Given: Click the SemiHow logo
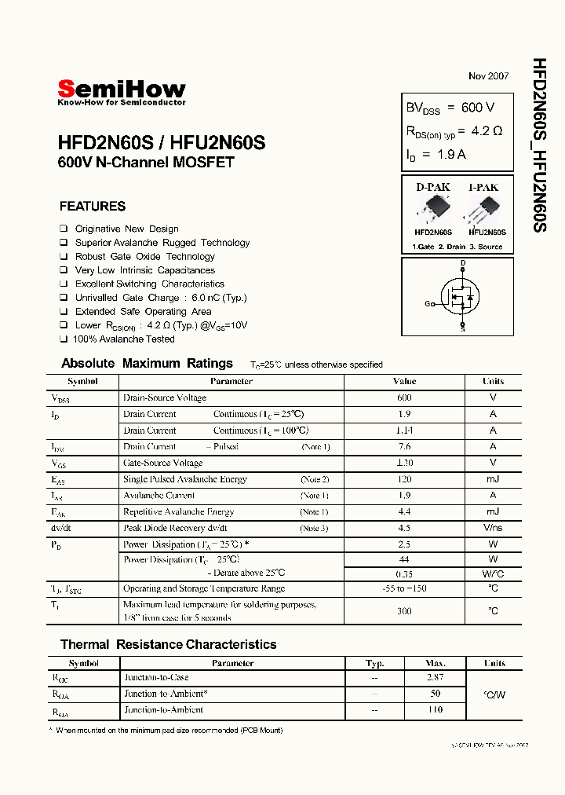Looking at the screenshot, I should click(x=122, y=90).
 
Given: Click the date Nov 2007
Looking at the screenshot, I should click(x=488, y=76).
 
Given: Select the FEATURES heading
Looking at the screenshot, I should click(x=93, y=207).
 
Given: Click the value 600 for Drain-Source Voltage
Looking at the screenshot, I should click(x=404, y=397).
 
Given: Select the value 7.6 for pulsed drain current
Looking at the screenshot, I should click(x=404, y=446).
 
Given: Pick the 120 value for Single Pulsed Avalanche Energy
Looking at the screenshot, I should click(x=404, y=479).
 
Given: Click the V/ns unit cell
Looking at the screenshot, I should click(x=493, y=528).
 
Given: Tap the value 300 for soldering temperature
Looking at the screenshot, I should click(x=404, y=610).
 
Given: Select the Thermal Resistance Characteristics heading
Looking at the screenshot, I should click(x=168, y=645).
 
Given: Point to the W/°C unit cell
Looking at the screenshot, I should click(x=493, y=573).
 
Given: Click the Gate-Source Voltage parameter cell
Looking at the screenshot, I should click(x=162, y=463).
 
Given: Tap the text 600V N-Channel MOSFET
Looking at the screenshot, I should click(x=146, y=163).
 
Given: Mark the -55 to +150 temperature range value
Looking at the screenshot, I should click(x=404, y=588).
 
